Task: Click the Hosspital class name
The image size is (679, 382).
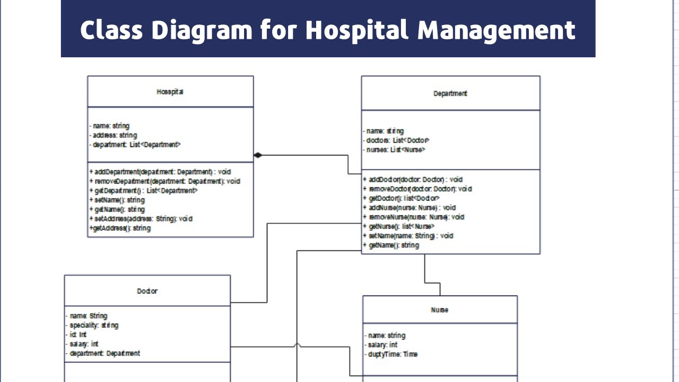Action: [170, 92]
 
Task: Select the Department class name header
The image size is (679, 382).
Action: [450, 93]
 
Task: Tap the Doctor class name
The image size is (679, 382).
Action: [147, 291]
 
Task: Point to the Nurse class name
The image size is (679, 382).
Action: [439, 310]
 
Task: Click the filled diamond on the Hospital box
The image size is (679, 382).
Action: [258, 155]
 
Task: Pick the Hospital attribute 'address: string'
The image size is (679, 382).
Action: [114, 135]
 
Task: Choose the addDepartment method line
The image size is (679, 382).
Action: [160, 172]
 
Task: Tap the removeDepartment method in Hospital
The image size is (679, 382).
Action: [164, 181]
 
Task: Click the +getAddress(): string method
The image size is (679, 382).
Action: [120, 228]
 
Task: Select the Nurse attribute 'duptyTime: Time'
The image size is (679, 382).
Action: [392, 354]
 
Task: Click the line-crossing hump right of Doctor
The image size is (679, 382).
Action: [297, 345]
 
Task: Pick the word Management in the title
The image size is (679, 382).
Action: [497, 30]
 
